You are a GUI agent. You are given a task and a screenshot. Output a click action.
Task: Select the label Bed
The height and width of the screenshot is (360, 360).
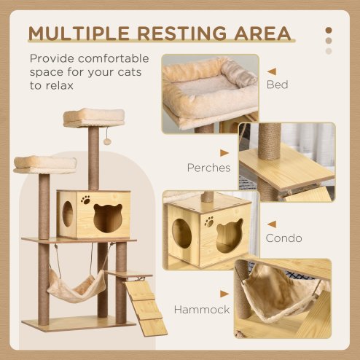[x=277, y=85]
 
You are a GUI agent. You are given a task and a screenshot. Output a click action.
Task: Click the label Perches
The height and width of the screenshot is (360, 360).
[x=208, y=168]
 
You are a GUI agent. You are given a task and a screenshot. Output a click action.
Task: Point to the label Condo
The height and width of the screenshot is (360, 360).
[x=283, y=238]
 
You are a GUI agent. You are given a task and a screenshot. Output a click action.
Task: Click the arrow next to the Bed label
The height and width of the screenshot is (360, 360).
[x=271, y=71]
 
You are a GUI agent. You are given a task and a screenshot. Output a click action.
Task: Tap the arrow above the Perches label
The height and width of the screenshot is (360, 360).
[x=224, y=153]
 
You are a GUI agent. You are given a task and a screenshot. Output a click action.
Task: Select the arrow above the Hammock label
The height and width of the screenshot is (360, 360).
[x=224, y=294]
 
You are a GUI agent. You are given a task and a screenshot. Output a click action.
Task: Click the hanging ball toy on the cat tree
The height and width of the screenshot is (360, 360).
[x=106, y=140]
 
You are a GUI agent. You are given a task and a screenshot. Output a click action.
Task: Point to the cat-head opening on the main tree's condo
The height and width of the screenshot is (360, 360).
[x=108, y=218]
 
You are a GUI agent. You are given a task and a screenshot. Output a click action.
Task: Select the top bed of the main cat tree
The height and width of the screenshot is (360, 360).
[x=93, y=117]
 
